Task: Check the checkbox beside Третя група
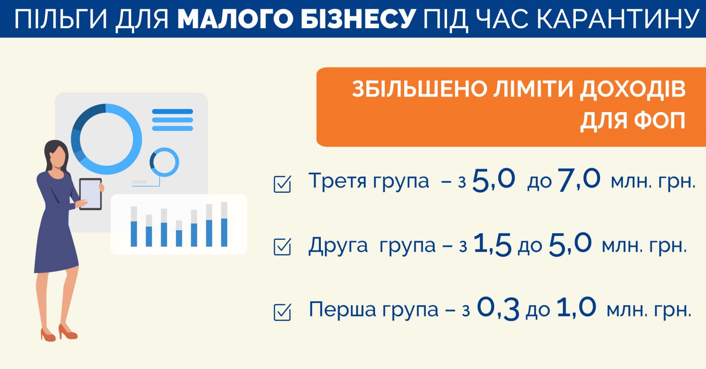click(282, 184)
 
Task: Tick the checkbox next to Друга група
click(282, 247)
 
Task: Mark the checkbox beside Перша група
click(282, 312)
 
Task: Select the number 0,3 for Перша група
click(498, 309)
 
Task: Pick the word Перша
click(342, 309)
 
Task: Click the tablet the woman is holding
click(90, 194)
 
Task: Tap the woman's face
click(58, 157)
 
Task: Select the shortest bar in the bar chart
click(179, 233)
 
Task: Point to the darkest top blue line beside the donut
click(173, 112)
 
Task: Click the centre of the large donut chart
click(106, 139)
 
